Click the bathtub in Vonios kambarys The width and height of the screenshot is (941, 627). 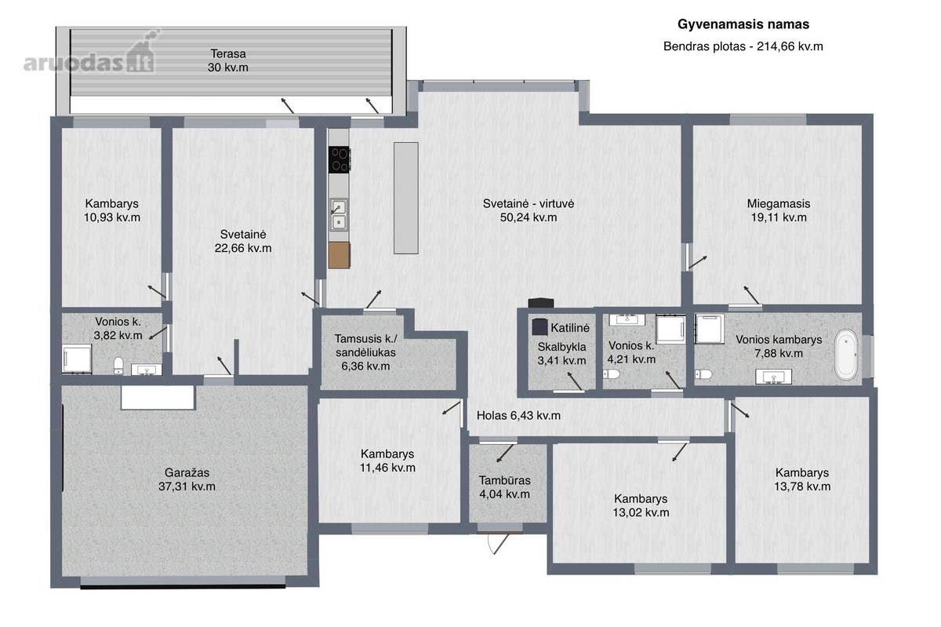tap(845, 355)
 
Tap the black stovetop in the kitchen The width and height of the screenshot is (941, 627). tap(339, 159)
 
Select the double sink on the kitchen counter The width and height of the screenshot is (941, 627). tap(339, 214)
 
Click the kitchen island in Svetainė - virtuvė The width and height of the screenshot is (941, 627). tap(406, 198)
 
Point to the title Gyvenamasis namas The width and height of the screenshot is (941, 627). tap(743, 24)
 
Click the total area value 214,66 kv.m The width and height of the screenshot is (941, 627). tap(790, 46)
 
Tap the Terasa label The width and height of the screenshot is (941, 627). tap(228, 54)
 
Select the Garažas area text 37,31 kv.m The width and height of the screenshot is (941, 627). tap(187, 487)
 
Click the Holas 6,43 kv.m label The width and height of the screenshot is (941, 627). tap(518, 415)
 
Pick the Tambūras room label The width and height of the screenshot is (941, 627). tap(504, 480)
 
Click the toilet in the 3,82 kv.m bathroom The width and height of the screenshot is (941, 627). tap(118, 365)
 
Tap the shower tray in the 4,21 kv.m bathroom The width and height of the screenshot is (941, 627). tap(671, 330)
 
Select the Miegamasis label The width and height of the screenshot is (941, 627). tap(779, 204)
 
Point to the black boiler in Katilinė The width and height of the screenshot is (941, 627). tap(540, 326)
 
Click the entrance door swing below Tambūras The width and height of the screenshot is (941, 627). tap(499, 544)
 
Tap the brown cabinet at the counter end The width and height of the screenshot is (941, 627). tap(339, 255)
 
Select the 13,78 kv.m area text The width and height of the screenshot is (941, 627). tap(802, 487)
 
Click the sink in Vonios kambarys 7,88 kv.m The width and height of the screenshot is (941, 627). tap(773, 377)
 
